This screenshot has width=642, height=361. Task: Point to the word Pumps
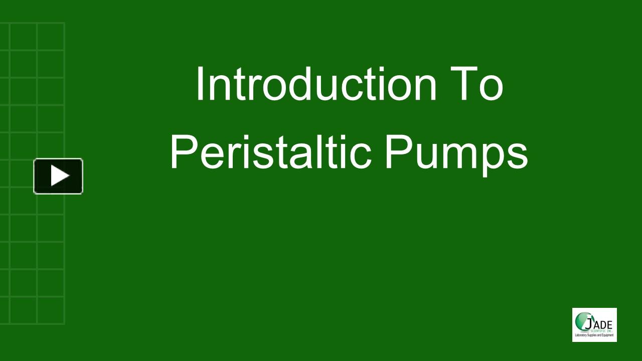click(456, 153)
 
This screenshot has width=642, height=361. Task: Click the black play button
click(58, 176)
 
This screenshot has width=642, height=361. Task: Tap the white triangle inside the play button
click(60, 176)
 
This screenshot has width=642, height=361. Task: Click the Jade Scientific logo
click(594, 325)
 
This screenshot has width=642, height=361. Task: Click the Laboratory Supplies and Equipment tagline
click(594, 335)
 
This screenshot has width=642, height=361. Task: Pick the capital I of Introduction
click(199, 84)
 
